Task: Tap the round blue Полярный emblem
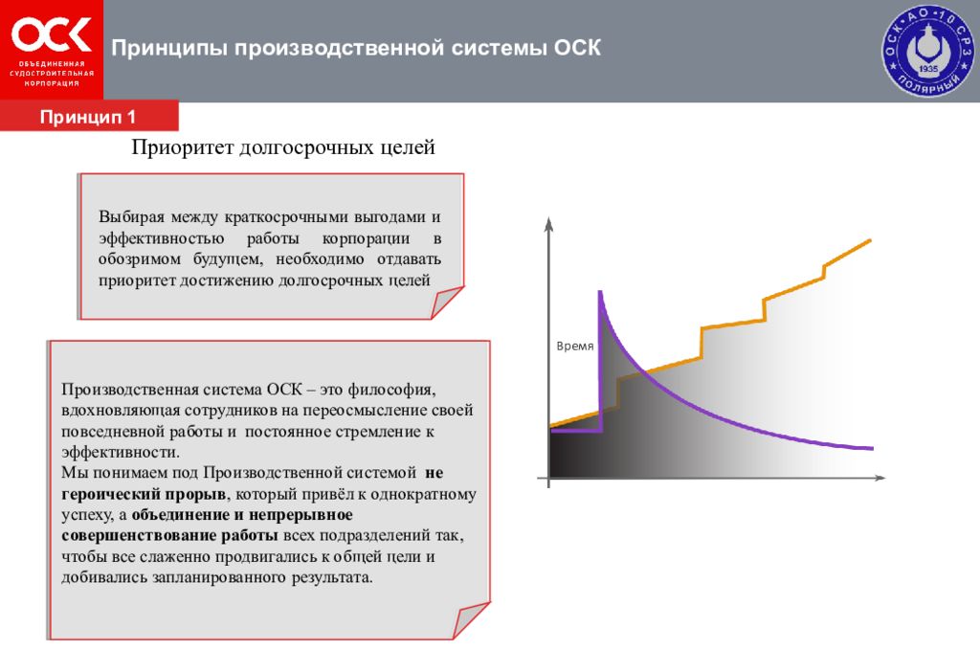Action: pos(925,51)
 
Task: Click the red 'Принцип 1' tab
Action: pos(89,117)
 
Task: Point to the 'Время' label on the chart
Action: pos(575,346)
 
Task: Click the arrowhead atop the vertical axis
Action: pos(548,225)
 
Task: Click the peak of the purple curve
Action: pos(600,292)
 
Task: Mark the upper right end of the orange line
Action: pos(869,239)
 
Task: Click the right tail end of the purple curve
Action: pos(871,448)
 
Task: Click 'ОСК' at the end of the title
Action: pos(577,48)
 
